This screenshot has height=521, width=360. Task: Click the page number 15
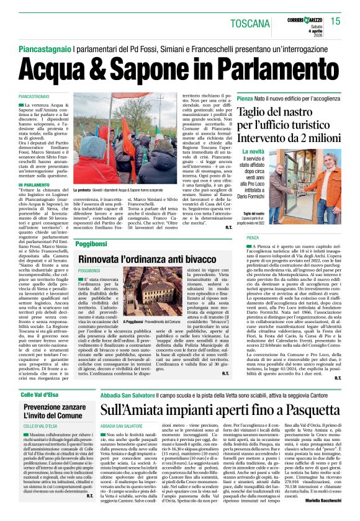tap(336, 22)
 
